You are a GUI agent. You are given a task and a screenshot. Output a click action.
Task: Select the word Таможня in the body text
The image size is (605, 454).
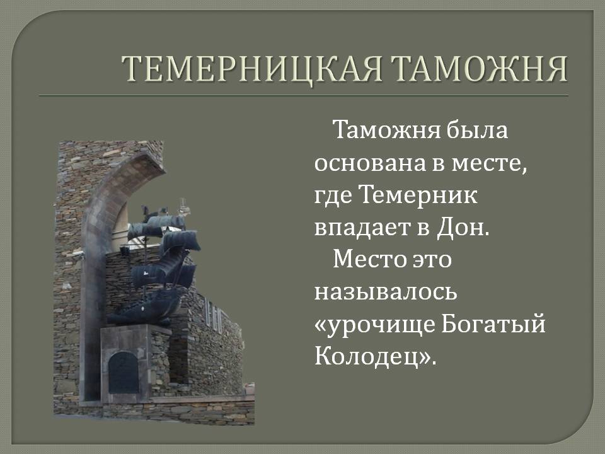pyautogui.click(x=386, y=129)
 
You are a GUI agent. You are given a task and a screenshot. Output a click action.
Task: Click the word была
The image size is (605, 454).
pyautogui.click(x=477, y=129)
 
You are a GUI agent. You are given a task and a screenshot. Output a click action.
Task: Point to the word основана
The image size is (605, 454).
pyautogui.click(x=371, y=164)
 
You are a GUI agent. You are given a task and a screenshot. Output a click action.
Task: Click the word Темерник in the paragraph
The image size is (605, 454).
pyautogui.click(x=419, y=195)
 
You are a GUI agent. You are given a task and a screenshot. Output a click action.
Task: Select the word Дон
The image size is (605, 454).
pyautogui.click(x=463, y=228)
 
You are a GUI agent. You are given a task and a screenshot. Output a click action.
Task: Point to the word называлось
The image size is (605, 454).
pyautogui.click(x=386, y=293)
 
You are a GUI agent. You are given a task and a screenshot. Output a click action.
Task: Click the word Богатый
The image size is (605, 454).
pyautogui.click(x=493, y=323)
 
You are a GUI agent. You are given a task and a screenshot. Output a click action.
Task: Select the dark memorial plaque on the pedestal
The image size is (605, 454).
pyautogui.click(x=124, y=373)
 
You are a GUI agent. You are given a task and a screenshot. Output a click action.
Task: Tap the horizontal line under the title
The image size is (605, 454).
pyautogui.click(x=303, y=95)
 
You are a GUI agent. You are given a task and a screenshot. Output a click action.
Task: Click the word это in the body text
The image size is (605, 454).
pyautogui.click(x=432, y=259)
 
